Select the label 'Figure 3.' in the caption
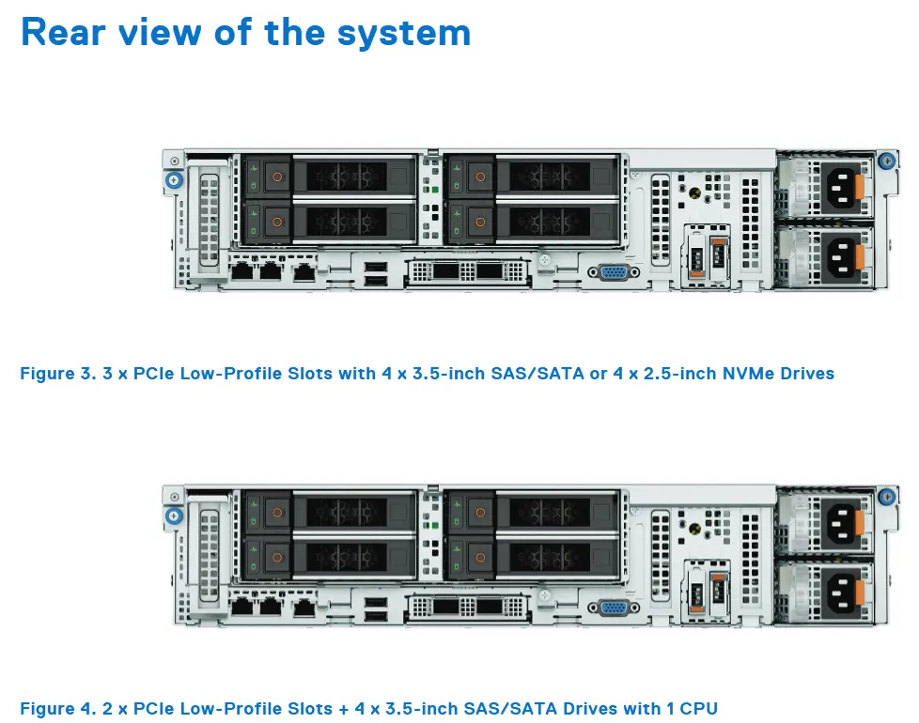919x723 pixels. (x=56, y=374)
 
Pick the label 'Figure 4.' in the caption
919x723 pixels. (x=56, y=708)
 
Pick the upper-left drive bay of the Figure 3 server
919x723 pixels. (x=329, y=176)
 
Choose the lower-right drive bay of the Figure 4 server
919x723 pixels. (x=532, y=554)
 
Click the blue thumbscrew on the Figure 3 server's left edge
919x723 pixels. (x=172, y=180)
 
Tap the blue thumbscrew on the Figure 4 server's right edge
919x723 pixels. (x=885, y=496)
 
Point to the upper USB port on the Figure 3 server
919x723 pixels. (x=375, y=268)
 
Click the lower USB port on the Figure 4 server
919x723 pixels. (x=375, y=616)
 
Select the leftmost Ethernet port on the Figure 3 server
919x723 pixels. (x=242, y=272)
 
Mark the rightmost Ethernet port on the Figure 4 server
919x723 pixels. (x=304, y=608)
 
